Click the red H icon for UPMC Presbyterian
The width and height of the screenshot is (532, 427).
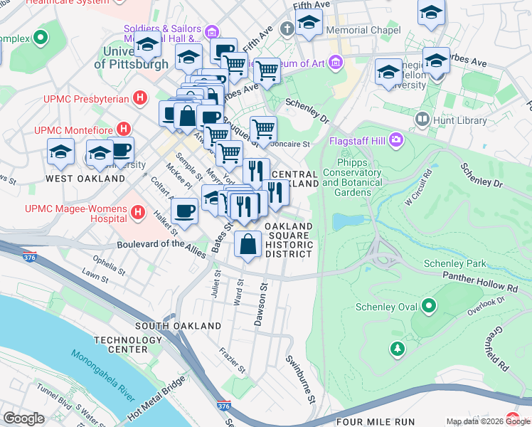coord(140,97)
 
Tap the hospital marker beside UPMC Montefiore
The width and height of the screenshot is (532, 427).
coord(124,129)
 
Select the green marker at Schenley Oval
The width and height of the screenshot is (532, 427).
coord(429,307)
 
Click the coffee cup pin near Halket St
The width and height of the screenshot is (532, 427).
coord(185,211)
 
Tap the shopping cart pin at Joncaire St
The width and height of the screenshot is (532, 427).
coord(263,129)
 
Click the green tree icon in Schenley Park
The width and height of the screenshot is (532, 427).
coord(397,348)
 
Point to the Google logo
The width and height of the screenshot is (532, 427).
coord(23,418)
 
